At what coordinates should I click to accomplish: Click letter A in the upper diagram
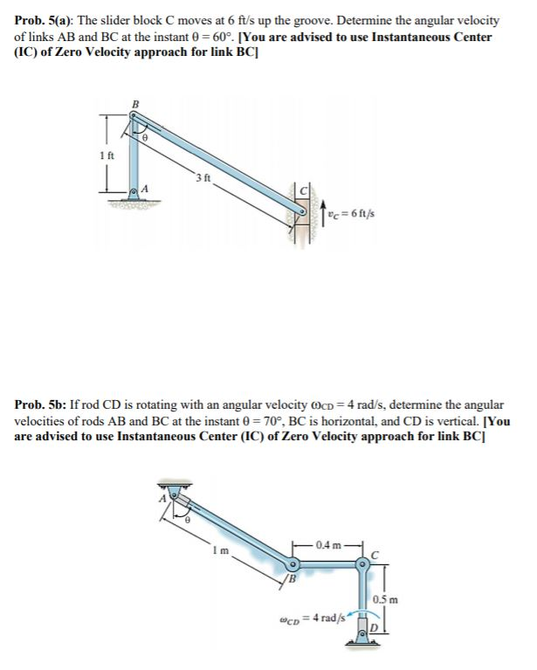(x=146, y=188)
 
